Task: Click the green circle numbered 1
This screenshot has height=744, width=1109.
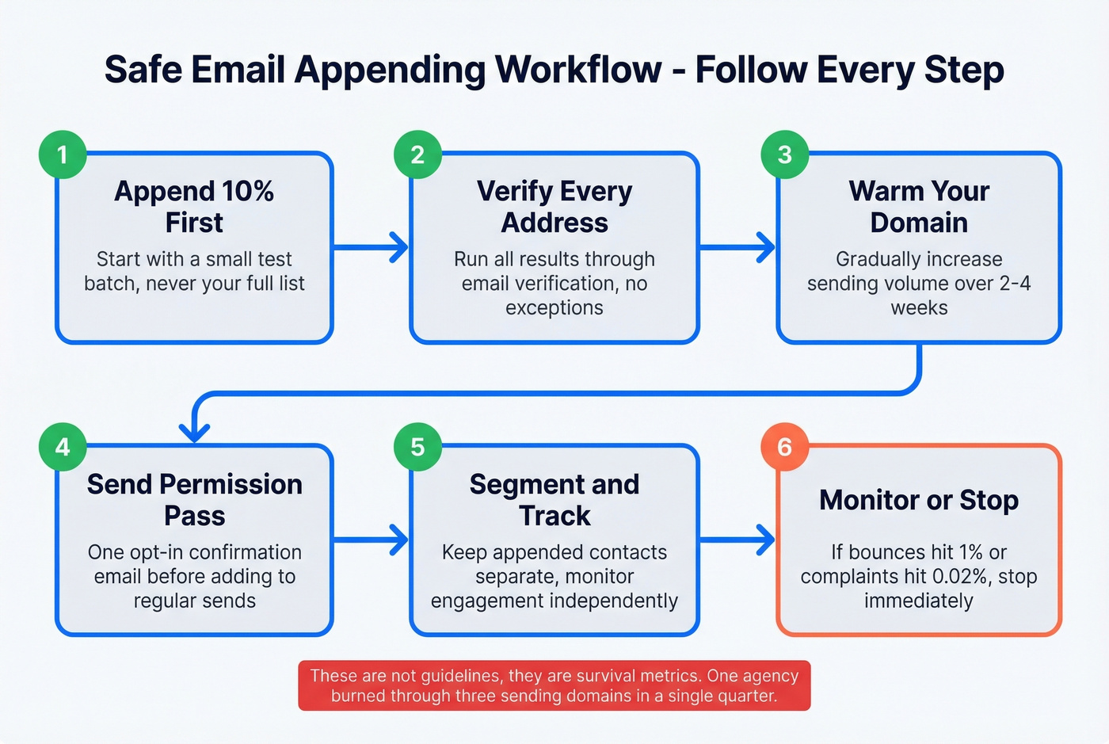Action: click(63, 155)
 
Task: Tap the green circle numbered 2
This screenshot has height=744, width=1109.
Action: click(417, 155)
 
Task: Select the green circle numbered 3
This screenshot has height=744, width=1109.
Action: click(784, 155)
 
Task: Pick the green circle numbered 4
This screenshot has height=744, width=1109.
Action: click(63, 448)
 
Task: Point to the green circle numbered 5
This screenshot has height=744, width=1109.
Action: click(417, 448)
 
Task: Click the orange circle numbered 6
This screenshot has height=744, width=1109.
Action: click(784, 448)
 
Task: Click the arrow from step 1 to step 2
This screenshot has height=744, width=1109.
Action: click(371, 248)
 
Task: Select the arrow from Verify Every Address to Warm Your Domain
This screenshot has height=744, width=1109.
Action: click(737, 248)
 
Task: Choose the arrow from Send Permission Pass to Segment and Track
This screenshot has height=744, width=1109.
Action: click(371, 540)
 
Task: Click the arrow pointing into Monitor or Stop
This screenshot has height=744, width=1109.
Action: click(737, 540)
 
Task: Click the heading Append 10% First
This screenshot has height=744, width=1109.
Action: click(194, 207)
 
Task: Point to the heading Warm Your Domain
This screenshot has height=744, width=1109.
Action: click(919, 207)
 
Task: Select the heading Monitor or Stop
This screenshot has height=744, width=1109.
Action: click(919, 500)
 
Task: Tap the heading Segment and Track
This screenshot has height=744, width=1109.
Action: click(554, 500)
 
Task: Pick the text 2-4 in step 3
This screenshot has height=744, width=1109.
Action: click(1015, 284)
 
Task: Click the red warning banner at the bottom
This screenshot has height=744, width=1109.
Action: click(554, 686)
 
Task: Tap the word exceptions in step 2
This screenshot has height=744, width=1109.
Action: click(554, 308)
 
